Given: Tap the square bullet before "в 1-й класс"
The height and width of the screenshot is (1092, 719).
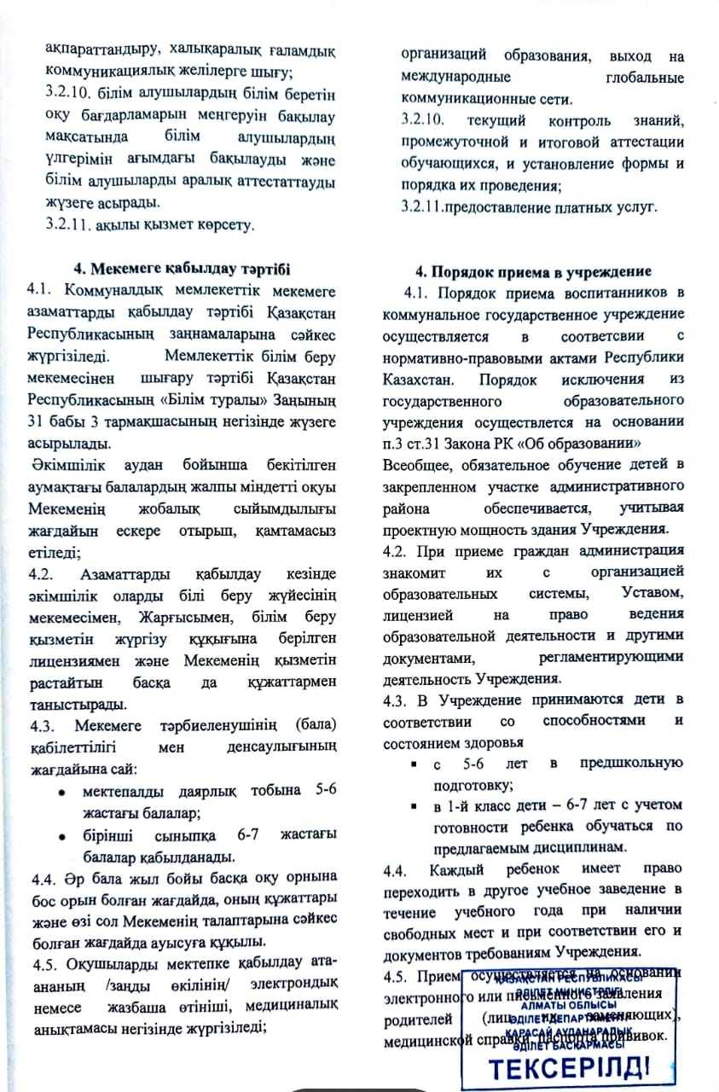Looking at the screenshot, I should pyautogui.click(x=413, y=805).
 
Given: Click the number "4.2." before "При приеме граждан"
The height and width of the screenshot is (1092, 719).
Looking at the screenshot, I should pyautogui.click(x=398, y=549).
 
